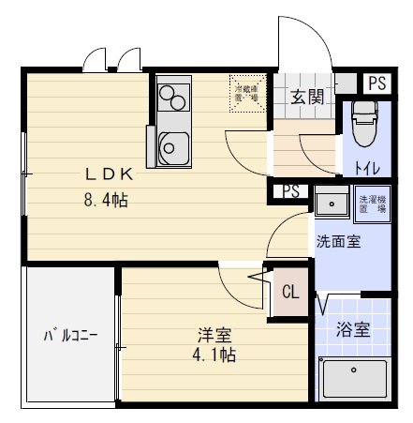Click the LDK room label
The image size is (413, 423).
click(x=111, y=173)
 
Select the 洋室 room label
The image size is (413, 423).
click(x=214, y=334)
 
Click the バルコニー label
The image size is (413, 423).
click(x=68, y=335)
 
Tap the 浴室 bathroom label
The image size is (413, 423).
click(x=353, y=329)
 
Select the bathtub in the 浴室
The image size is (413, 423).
click(x=355, y=382)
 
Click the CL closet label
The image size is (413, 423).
click(x=289, y=292)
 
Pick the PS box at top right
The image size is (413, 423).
click(x=376, y=83)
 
